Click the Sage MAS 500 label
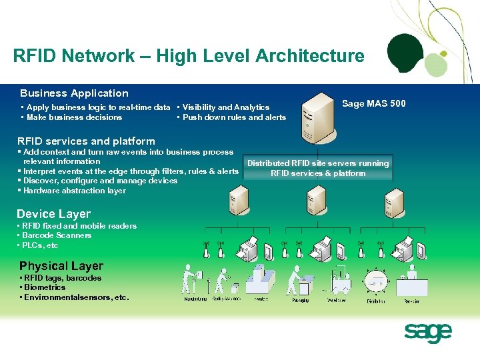(x=373, y=103)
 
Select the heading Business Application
(x=74, y=93)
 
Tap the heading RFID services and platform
(x=86, y=141)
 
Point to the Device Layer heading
(x=53, y=214)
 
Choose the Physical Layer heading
(x=61, y=266)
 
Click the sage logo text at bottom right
(x=428, y=332)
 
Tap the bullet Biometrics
(x=45, y=287)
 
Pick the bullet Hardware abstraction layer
(x=74, y=191)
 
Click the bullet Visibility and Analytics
(x=226, y=107)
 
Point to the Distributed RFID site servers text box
(x=318, y=168)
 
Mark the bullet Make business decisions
(x=74, y=117)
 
